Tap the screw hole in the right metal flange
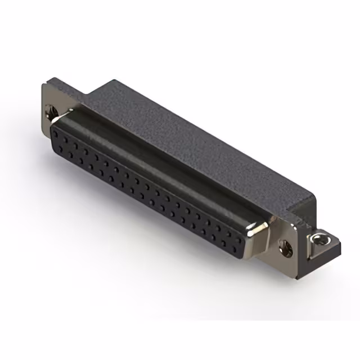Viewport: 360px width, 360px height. (285, 245)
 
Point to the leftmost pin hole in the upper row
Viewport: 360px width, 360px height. (56, 131)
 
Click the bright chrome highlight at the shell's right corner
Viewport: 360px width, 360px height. (260, 228)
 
